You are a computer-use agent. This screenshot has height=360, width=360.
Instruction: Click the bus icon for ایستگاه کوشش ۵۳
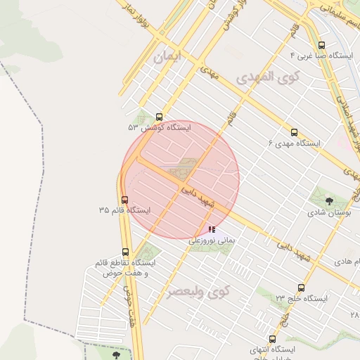159,117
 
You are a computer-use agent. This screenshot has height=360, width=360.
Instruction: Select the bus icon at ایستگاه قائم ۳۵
125,200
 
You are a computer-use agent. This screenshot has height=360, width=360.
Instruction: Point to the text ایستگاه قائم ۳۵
125,210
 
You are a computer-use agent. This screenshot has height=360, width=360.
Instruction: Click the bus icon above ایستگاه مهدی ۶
294,132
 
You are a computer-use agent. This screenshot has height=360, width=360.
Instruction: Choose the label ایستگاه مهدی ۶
294,143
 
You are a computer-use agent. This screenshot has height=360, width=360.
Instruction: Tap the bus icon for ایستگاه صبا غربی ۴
321,44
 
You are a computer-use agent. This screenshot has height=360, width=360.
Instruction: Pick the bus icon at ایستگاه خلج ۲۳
302,288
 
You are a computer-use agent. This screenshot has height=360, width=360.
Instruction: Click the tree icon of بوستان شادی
330,200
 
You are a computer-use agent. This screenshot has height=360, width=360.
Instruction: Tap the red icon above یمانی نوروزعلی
212,229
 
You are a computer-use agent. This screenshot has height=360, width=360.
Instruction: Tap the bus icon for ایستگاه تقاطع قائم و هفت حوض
126,252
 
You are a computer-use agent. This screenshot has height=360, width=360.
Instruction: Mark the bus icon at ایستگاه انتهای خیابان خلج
264,338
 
